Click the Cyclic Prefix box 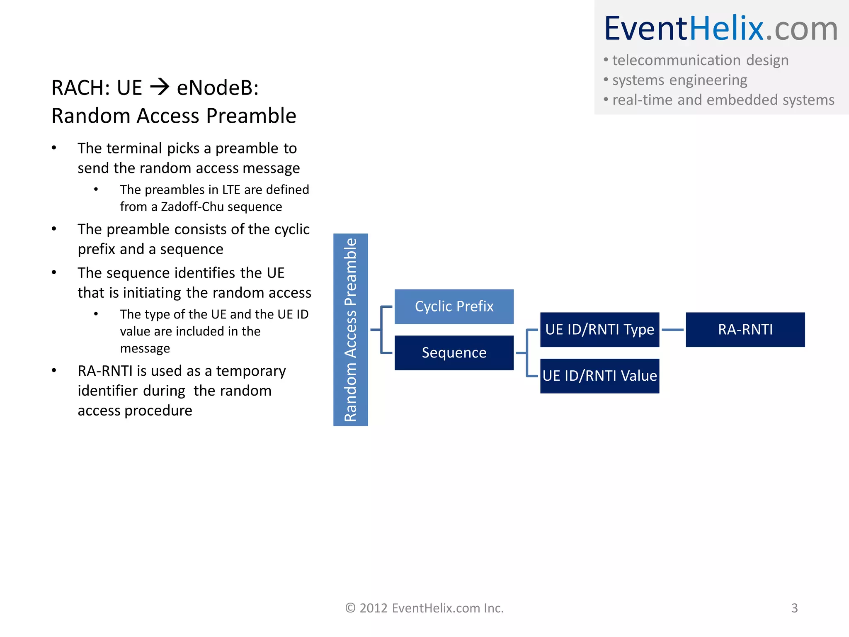click(454, 306)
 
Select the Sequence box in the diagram click(454, 353)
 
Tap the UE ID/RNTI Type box click(599, 330)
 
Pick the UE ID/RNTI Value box click(599, 376)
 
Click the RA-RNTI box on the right click(745, 330)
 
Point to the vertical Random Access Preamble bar click(350, 330)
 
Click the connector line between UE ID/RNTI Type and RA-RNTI click(672, 330)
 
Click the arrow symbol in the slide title click(160, 87)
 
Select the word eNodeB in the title click(217, 88)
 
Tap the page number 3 click(794, 608)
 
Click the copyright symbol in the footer click(351, 608)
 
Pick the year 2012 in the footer click(374, 608)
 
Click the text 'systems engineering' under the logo click(679, 80)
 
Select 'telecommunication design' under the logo click(700, 60)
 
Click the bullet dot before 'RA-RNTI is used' click(54, 370)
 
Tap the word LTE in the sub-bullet click(231, 190)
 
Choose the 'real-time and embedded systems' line click(723, 100)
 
